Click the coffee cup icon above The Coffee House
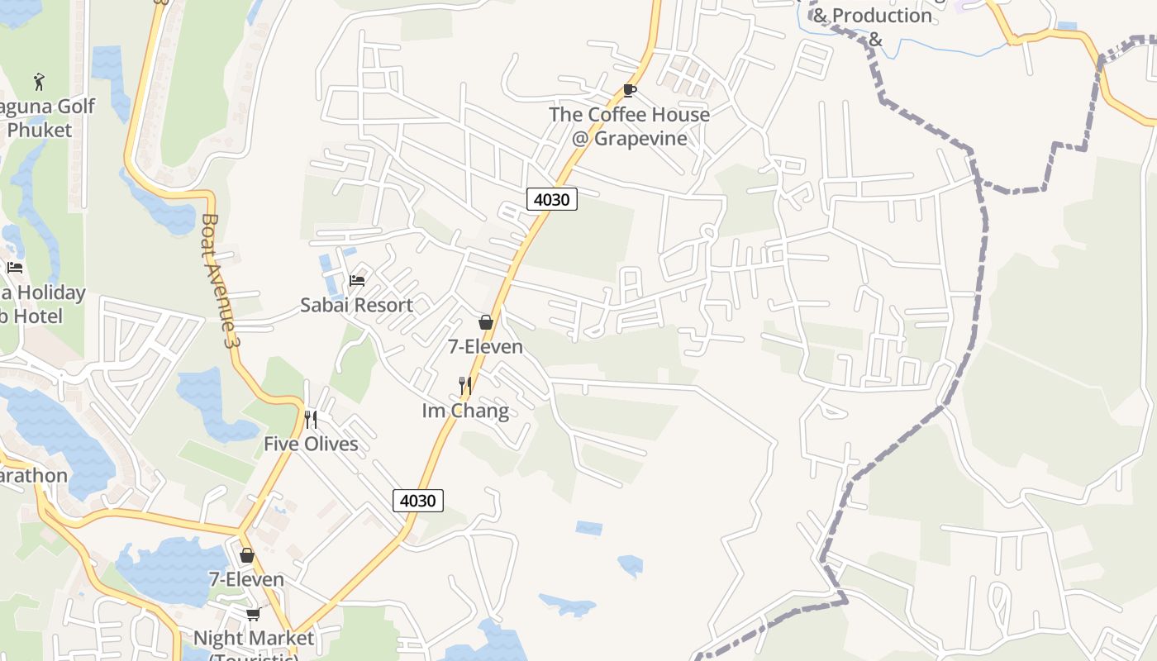click(x=629, y=90)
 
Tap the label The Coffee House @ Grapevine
click(x=629, y=126)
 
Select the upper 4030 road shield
click(x=552, y=199)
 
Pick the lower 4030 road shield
click(x=418, y=500)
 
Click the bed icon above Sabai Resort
click(x=357, y=281)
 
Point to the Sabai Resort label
click(x=356, y=305)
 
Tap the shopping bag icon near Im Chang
click(x=486, y=322)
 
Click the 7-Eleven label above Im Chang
click(x=485, y=346)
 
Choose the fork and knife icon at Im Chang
click(x=465, y=385)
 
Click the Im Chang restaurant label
click(x=465, y=411)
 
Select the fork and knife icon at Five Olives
click(x=311, y=419)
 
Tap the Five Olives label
click(x=311, y=444)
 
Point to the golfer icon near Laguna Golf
click(x=39, y=81)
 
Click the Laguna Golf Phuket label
click(x=46, y=118)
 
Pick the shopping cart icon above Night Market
click(x=253, y=613)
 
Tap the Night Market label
click(x=253, y=639)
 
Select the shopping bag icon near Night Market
click(x=246, y=555)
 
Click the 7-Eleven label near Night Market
click(x=246, y=579)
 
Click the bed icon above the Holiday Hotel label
click(x=15, y=267)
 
